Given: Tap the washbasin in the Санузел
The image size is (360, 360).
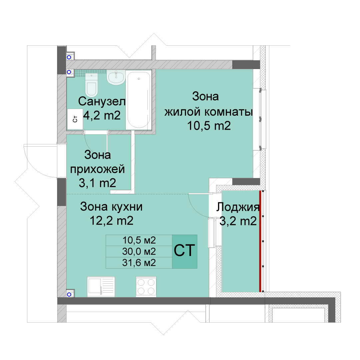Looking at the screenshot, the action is point(116,78).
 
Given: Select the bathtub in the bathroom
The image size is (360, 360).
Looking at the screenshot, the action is point(139,100).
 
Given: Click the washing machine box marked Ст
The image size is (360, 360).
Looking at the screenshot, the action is point(75,119).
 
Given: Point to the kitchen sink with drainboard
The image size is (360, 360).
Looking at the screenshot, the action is point(101,287).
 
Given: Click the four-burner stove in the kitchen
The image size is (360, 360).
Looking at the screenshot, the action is point(146,287).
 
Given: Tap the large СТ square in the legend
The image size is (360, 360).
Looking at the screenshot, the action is point(185,251).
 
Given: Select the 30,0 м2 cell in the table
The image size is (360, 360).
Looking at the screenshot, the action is point(139,251).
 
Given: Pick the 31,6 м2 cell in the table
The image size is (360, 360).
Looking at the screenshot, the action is point(139,263).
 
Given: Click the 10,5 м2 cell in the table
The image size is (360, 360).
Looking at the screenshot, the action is point(139,240).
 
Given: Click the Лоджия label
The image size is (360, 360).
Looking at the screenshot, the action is point(238,207).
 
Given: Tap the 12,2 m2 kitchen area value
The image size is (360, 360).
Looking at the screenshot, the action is point(111,221).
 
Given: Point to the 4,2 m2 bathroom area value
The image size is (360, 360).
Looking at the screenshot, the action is point(102,115).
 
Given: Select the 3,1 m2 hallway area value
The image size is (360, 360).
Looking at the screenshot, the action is point(97,183).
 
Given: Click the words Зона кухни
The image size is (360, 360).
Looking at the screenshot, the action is point(111,207).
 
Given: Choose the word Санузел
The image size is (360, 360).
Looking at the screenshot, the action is point(102,101).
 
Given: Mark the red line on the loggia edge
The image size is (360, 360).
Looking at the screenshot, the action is point(260,241).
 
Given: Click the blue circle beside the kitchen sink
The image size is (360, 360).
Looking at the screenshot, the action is point(69,294).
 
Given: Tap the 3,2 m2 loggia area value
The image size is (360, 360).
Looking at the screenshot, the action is point(238,221).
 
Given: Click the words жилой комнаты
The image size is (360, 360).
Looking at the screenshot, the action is point(208,112).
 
